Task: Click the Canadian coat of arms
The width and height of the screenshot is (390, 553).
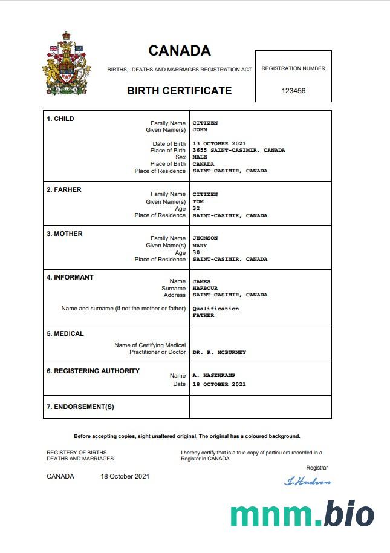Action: coord(67,64)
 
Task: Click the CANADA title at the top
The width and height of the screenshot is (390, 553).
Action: coord(180,51)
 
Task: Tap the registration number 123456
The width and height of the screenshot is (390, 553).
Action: coord(293,91)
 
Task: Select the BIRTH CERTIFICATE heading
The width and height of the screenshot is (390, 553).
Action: coord(179,91)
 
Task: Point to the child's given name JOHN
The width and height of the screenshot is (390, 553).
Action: coord(200,130)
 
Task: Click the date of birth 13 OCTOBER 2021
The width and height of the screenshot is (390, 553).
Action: coord(219,143)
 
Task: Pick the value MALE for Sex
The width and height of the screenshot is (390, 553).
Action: coord(200,157)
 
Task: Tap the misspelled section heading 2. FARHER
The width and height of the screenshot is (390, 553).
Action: coord(64,189)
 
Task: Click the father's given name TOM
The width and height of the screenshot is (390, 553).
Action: coord(198,201)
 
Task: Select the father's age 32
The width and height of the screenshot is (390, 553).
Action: coord(196,208)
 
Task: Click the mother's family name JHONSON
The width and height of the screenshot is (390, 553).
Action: coord(206,238)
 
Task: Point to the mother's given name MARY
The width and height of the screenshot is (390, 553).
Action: coord(200,246)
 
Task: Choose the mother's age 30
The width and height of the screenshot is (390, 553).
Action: coord(196,252)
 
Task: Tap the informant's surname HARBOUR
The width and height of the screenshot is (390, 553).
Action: coord(204,288)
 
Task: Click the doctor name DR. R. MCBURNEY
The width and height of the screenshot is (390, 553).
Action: coord(219,352)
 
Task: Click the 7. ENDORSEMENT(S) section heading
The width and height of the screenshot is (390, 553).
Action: coord(80,407)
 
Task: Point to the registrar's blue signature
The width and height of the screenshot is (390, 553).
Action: coord(308,482)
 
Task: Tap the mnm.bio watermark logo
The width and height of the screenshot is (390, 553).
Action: coord(302,514)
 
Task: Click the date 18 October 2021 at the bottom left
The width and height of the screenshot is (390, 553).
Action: coord(125,476)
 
